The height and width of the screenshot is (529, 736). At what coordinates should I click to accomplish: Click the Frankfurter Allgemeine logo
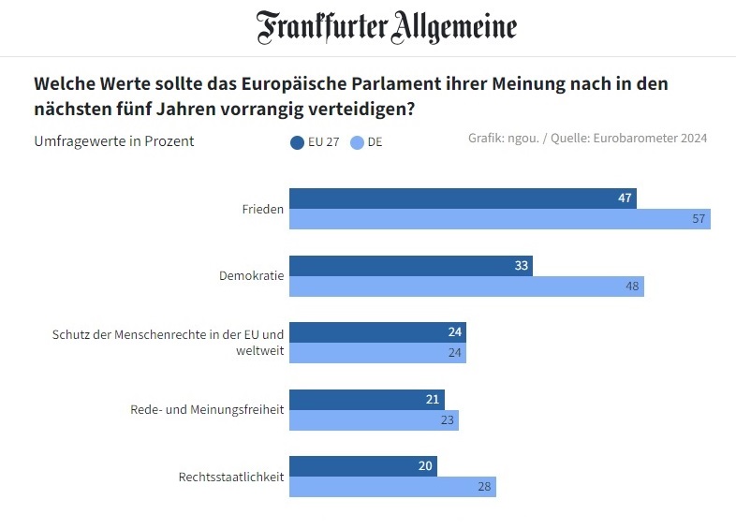(x=387, y=27)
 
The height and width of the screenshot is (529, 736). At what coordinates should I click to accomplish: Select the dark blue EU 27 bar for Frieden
(x=462, y=198)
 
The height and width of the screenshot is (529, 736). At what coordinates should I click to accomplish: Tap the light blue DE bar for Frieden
(x=499, y=219)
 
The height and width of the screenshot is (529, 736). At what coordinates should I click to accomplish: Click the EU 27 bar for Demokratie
(x=409, y=266)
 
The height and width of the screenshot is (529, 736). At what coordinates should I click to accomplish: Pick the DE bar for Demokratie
(x=465, y=287)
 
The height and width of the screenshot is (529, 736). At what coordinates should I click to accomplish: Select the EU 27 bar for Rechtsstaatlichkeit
(x=362, y=466)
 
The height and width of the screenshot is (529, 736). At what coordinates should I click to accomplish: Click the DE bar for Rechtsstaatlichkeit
(x=391, y=487)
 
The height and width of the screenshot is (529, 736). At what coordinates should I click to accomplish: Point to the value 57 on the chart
(x=698, y=219)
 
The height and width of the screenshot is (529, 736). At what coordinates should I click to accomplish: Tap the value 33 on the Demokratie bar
(x=522, y=266)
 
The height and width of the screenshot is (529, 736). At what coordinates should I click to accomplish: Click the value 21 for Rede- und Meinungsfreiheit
(x=433, y=400)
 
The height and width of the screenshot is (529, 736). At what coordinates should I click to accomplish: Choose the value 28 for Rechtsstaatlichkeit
(x=483, y=487)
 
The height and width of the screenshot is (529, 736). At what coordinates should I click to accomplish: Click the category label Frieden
(x=263, y=209)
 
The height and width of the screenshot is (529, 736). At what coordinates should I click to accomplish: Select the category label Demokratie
(x=251, y=276)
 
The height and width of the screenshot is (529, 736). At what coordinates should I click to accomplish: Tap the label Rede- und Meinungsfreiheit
(x=206, y=410)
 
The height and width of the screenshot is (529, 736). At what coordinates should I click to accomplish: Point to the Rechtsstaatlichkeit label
(x=230, y=478)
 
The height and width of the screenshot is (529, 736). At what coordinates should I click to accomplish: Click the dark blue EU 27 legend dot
(x=298, y=142)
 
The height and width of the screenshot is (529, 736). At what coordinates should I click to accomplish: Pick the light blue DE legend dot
(x=356, y=142)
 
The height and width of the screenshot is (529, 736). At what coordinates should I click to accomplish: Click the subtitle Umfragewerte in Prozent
(x=114, y=141)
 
